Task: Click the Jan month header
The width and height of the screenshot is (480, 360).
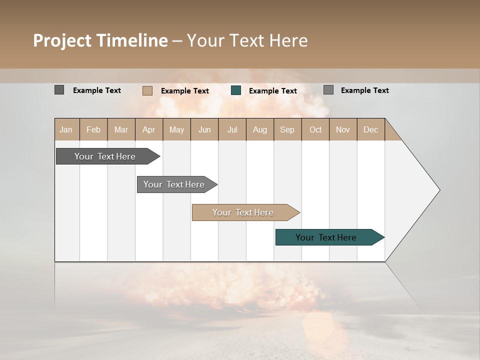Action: (66, 129)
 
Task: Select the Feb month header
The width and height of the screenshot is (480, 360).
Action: (93, 129)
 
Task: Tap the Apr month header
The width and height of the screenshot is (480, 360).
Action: (149, 129)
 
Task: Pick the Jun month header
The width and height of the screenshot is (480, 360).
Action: (204, 129)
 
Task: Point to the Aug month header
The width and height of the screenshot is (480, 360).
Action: (260, 129)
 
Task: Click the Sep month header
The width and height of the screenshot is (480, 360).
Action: (287, 129)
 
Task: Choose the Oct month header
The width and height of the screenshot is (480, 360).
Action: (315, 129)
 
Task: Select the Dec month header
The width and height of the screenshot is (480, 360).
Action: (371, 129)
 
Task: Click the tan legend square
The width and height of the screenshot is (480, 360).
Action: (147, 90)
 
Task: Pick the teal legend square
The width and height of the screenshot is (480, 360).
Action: (236, 90)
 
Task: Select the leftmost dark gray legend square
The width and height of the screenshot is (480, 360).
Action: (59, 90)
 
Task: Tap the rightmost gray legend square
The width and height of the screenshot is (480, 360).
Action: (328, 90)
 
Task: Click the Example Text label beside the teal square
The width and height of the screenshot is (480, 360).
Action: (273, 90)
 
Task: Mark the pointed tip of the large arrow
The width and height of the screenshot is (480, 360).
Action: (439, 190)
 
